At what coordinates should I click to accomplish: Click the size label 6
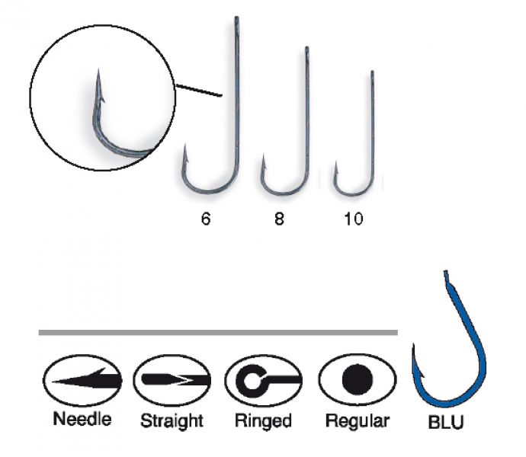pos(206,219)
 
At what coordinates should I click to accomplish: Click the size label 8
pos(279,219)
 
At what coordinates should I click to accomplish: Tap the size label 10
pos(354,219)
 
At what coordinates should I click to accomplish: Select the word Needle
pos(82,419)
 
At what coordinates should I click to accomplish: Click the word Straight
pos(172,420)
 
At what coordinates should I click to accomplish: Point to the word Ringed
pos(263,420)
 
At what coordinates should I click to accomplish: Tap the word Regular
pos(358,420)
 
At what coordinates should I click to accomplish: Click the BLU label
pos(446,422)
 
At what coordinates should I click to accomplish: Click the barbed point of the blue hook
pos(414,344)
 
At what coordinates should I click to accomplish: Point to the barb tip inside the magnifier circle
pos(98,70)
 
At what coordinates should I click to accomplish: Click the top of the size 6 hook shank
pos(236,18)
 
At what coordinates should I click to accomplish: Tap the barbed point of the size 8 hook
pos(263,155)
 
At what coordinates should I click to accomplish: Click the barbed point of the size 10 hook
pos(335,161)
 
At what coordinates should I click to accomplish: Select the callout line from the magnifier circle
pos(199,91)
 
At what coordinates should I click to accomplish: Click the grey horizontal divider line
pos(218,333)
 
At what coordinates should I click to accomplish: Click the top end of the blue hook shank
pos(445,271)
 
